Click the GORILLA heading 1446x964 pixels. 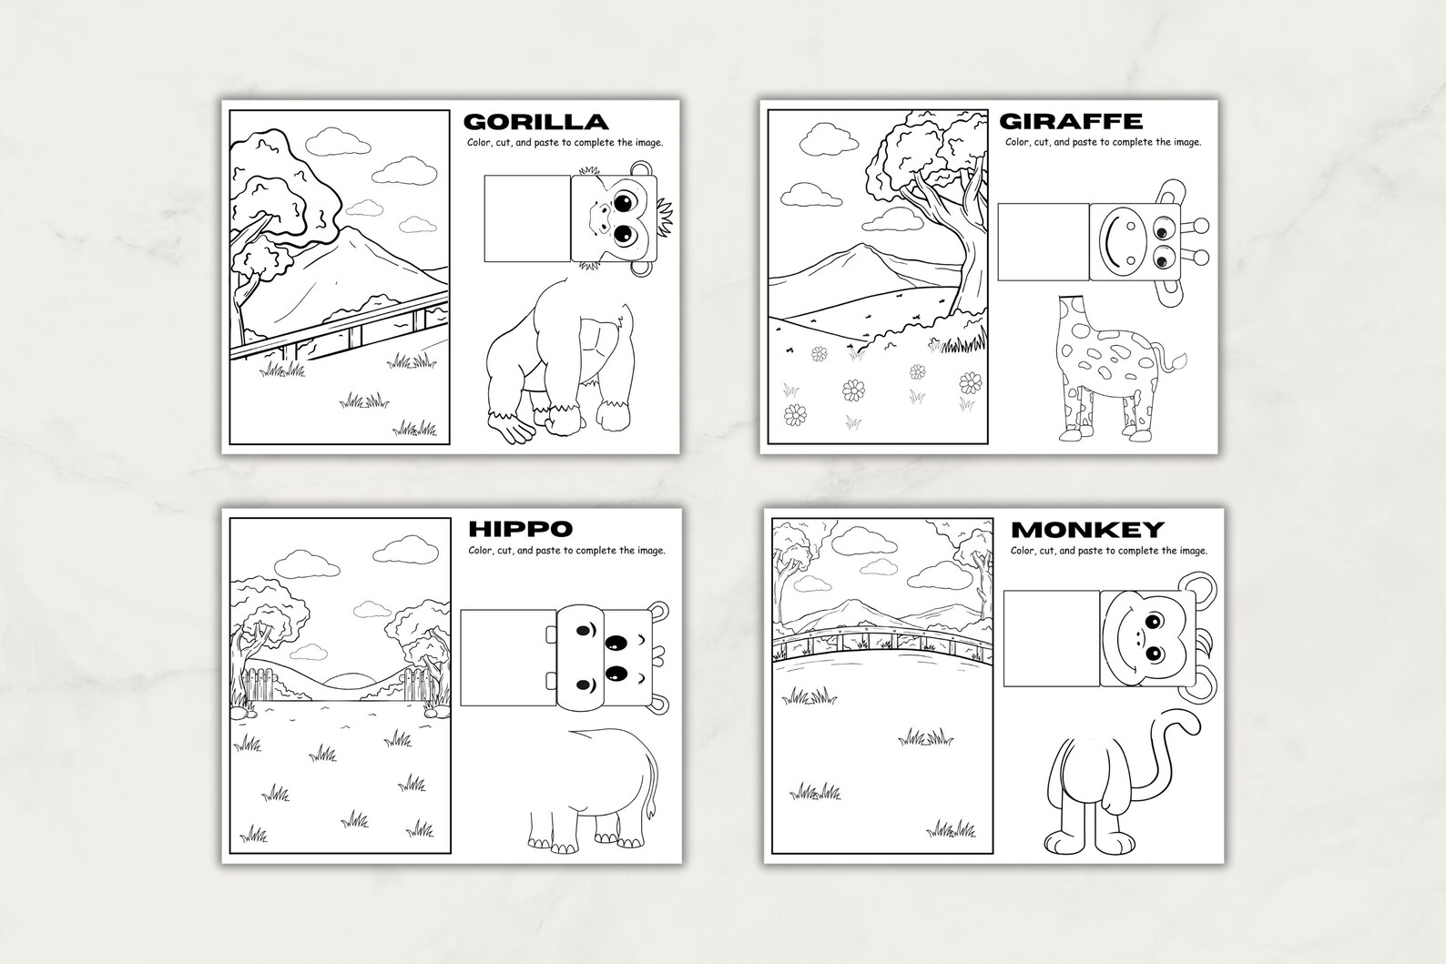535,122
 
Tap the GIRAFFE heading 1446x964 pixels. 1071,121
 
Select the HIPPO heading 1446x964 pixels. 520,529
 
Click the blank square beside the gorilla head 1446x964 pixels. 526,217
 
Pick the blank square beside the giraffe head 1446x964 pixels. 1044,242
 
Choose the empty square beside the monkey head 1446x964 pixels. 1051,637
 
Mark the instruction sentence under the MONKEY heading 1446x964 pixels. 1108,551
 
